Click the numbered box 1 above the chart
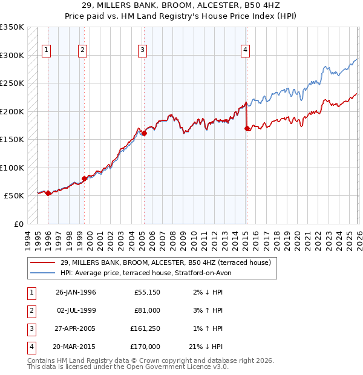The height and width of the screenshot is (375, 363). tap(47, 50)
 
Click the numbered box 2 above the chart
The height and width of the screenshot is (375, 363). tap(82, 50)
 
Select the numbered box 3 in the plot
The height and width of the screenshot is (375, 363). tap(142, 50)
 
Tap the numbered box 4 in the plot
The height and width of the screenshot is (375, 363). tap(245, 50)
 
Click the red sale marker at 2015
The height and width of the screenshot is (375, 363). tap(246, 128)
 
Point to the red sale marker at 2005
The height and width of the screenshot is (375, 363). tap(144, 133)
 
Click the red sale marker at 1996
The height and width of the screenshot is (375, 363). tap(48, 193)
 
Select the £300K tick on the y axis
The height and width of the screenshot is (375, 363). tap(12, 55)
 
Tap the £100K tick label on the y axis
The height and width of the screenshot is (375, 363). tap(12, 168)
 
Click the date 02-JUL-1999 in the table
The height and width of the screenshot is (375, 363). tap(76, 310)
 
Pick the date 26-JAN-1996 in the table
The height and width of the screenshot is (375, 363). tap(76, 292)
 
